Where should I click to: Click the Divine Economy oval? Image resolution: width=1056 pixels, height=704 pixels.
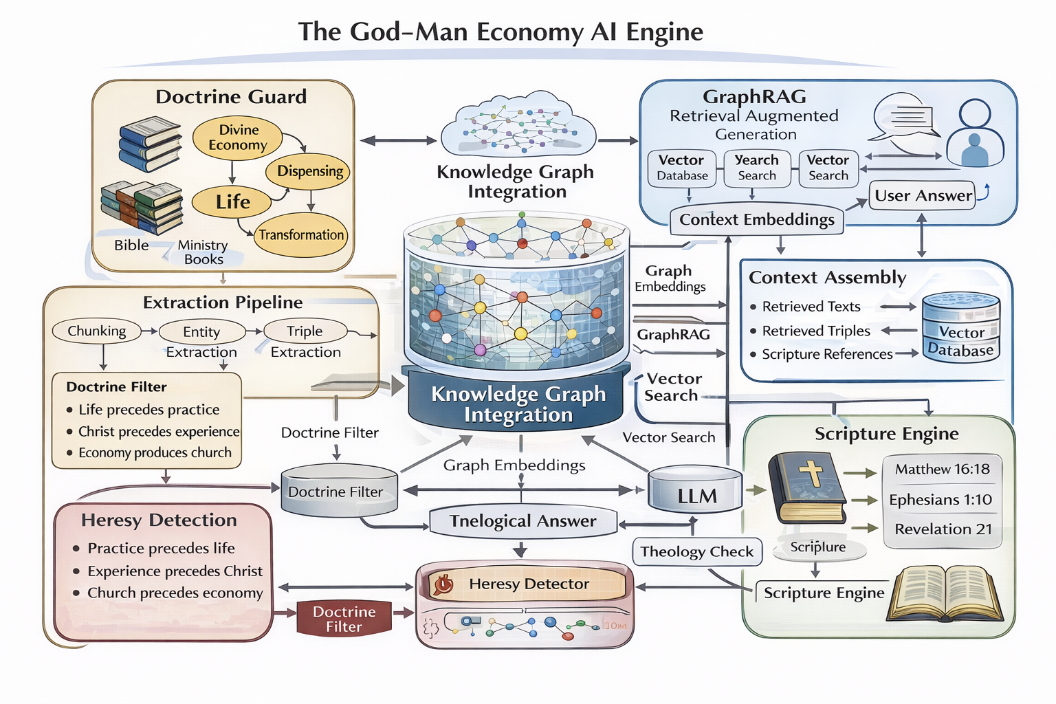pyautogui.click(x=238, y=137)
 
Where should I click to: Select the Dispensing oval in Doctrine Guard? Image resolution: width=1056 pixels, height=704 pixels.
pyautogui.click(x=310, y=171)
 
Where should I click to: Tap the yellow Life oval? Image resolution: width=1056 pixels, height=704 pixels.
pyautogui.click(x=232, y=201)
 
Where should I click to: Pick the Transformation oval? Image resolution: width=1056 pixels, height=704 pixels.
pyautogui.click(x=301, y=235)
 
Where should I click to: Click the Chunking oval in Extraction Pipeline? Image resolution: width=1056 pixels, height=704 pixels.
pyautogui.click(x=97, y=331)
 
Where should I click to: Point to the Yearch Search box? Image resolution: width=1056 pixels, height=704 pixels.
pyautogui.click(x=756, y=168)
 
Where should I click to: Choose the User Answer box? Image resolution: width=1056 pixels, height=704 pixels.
pyautogui.click(x=923, y=196)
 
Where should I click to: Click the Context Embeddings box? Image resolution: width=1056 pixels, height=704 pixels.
pyautogui.click(x=756, y=220)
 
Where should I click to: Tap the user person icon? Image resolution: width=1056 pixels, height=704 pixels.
pyautogui.click(x=975, y=134)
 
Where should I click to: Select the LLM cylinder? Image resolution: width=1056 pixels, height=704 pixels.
pyautogui.click(x=696, y=490)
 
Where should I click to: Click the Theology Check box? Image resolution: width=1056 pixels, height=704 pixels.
pyautogui.click(x=696, y=551)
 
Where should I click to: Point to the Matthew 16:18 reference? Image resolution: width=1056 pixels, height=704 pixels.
pyautogui.click(x=942, y=470)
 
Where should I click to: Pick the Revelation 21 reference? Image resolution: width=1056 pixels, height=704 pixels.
pyautogui.click(x=943, y=529)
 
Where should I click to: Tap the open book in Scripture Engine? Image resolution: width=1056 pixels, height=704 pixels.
pyautogui.click(x=945, y=593)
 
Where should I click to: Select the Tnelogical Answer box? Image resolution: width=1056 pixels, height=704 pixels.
pyautogui.click(x=522, y=521)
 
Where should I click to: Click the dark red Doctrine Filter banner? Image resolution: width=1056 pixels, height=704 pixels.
pyautogui.click(x=344, y=619)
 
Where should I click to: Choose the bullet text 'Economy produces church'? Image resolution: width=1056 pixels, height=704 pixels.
pyautogui.click(x=155, y=453)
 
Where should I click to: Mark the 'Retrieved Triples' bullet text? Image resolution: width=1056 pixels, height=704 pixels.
pyautogui.click(x=816, y=331)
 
